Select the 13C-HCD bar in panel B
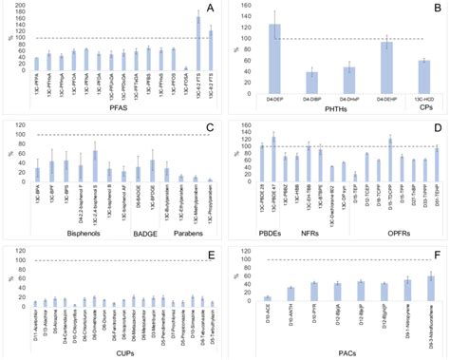[x=423, y=65]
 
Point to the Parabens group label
[x=182, y=230]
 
